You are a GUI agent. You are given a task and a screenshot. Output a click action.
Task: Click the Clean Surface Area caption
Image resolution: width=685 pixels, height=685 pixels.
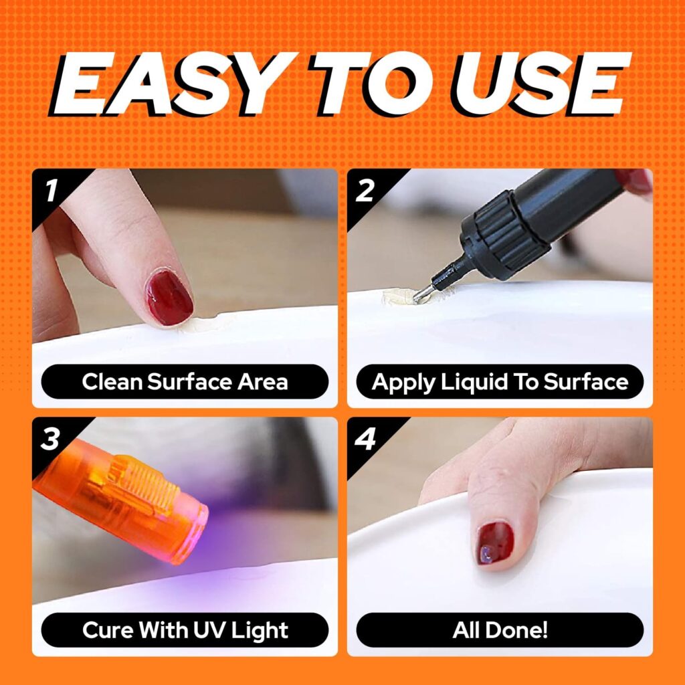click(x=185, y=382)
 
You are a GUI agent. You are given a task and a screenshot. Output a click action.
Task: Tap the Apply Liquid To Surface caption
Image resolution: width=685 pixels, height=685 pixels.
click(x=500, y=382)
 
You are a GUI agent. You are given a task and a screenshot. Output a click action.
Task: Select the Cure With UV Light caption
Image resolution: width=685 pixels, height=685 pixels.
click(x=185, y=630)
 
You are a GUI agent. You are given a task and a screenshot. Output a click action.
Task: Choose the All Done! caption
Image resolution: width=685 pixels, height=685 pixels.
click(x=500, y=630)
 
